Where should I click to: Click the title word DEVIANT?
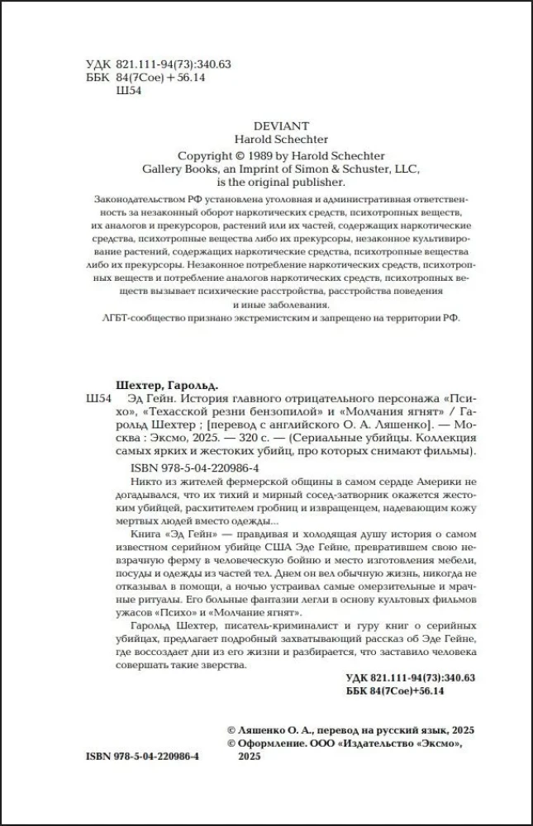click(x=266, y=125)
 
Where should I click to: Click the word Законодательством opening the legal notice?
click(x=141, y=201)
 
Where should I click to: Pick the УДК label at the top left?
click(x=97, y=64)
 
